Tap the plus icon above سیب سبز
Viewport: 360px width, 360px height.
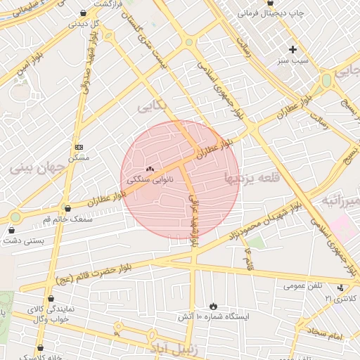(x=292, y=49)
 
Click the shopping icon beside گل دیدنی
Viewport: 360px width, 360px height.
(x=84, y=13)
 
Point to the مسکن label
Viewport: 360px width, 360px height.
(x=78, y=158)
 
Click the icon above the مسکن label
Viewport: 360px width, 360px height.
(x=79, y=147)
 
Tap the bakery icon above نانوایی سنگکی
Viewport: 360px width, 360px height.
(x=149, y=169)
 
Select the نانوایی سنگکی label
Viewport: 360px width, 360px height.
(x=150, y=180)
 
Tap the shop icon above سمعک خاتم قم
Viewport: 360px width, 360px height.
(x=67, y=208)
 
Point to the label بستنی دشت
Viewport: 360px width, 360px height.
(x=20, y=240)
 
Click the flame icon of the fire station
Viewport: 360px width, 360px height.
(x=213, y=307)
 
